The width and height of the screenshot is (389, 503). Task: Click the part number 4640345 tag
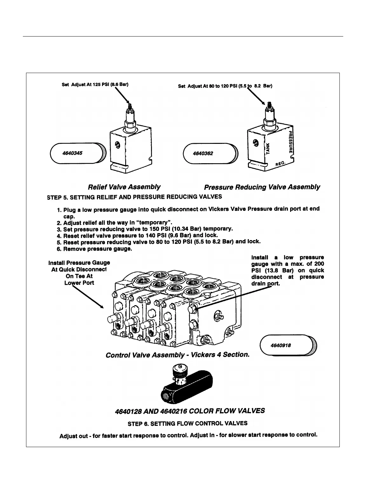tap(76, 153)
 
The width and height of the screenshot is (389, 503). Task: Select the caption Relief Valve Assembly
tap(124, 187)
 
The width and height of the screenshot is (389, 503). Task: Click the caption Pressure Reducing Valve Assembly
tap(262, 187)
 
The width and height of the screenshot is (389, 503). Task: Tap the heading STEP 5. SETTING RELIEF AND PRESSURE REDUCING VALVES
tap(134, 197)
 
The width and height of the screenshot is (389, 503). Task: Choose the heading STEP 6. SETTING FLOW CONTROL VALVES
tap(187, 423)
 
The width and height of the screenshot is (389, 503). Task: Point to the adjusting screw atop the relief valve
tap(129, 106)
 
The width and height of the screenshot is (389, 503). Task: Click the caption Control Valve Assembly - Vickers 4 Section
tap(177, 355)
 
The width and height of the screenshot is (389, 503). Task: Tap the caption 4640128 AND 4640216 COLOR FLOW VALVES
tap(189, 411)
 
